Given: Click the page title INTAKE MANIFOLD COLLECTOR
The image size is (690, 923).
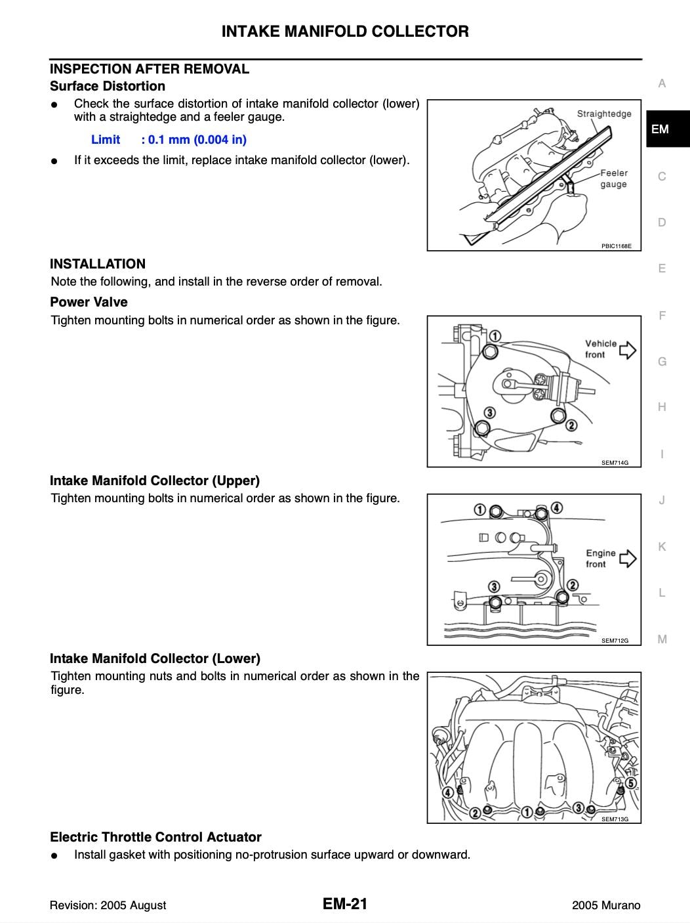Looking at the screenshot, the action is coord(345,32).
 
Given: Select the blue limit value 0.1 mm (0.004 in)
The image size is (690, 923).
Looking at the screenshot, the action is coord(197,140).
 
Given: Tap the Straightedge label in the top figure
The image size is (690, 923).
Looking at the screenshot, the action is coord(604,114).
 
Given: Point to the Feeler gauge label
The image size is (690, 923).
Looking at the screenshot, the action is coord(613,179).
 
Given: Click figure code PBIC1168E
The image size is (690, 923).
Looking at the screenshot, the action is coord(616,246).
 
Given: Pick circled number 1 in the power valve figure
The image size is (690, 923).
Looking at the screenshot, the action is coord(495,336).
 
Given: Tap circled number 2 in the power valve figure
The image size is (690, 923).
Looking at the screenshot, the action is coord(571,425).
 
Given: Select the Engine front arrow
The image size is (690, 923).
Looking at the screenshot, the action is coord(628,559).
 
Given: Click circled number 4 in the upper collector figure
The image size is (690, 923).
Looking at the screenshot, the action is coord(556,507).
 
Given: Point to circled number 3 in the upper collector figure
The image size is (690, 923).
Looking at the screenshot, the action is coord(494,586).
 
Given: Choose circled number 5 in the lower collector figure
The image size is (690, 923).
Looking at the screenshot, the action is coord(631,783).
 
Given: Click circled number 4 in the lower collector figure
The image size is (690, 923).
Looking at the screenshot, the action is coord(448,792).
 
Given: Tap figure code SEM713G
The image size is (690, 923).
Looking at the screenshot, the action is coord(615,819).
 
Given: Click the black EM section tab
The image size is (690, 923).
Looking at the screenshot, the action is coord(668,129).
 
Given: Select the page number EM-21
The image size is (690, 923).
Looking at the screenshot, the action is coord(345,903).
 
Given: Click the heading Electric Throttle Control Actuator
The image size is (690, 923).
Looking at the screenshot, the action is coord(155,837).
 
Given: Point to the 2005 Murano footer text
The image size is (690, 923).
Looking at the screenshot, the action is coord(606,905).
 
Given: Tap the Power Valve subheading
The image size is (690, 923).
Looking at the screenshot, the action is coord(89,302).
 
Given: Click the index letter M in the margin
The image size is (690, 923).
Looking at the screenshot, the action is coord(662,639).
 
